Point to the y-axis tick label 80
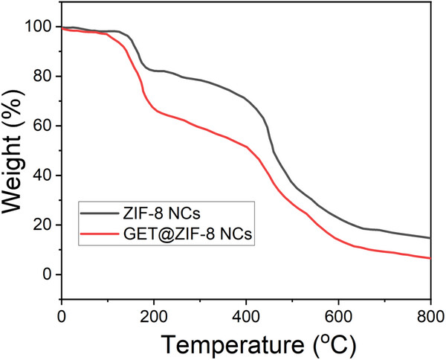coord(43,76)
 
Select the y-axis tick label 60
coord(43,126)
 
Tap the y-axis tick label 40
coord(43,176)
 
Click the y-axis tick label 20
coord(43,225)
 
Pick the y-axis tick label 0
coord(48,274)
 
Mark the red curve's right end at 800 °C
coord(430,258)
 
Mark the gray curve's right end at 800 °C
coord(430,238)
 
